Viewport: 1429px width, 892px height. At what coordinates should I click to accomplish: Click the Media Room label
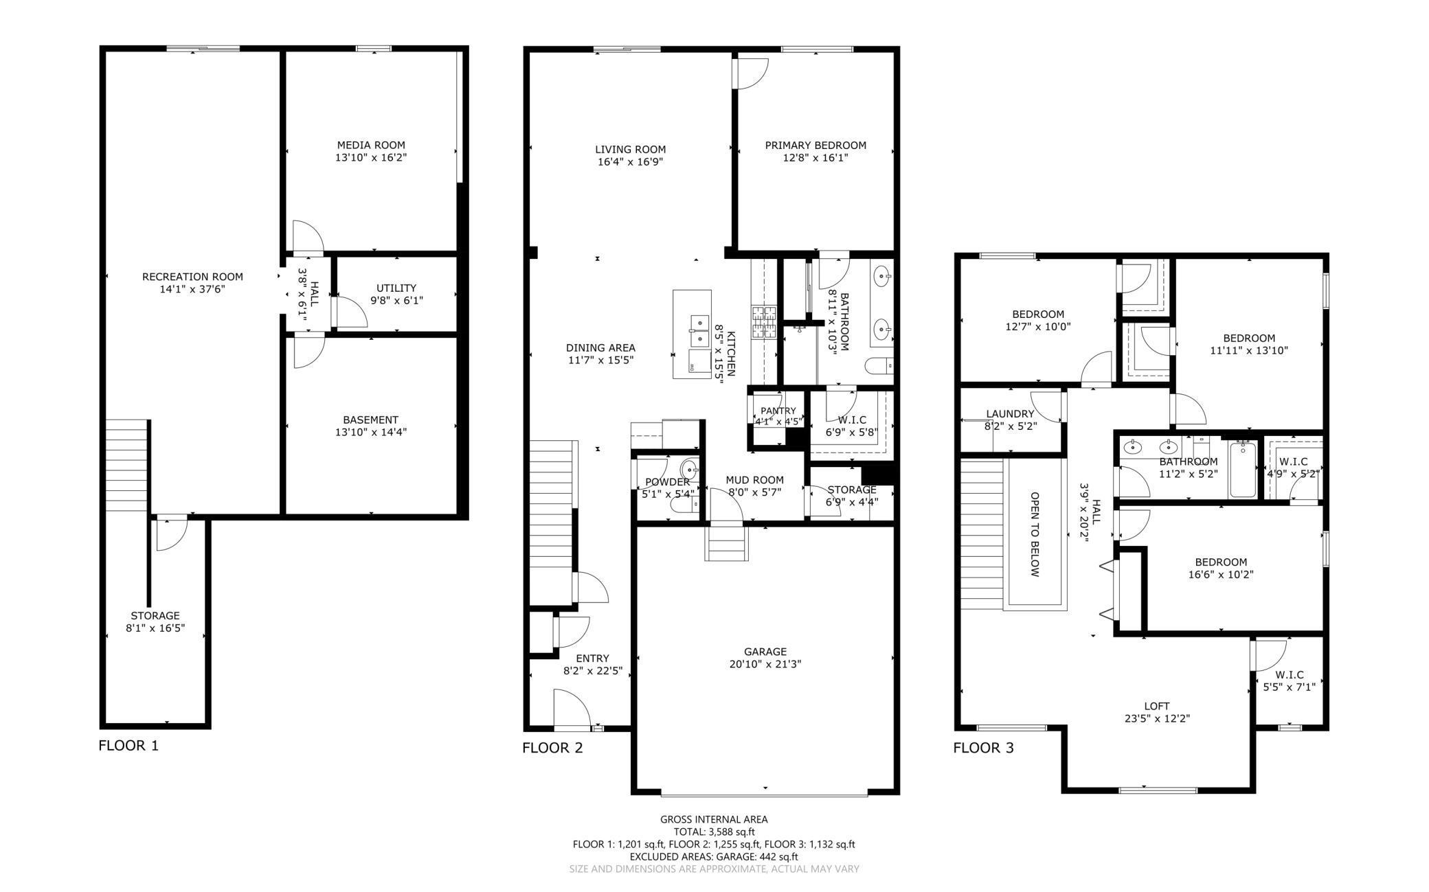pos(370,145)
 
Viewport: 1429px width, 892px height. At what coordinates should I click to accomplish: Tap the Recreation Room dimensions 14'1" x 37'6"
pos(192,289)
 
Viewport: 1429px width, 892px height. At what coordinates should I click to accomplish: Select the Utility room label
pos(396,288)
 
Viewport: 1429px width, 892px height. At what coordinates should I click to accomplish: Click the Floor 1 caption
pos(128,745)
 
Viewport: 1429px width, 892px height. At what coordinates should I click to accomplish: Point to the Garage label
pos(765,652)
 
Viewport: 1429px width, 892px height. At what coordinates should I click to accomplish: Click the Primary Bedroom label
pos(815,145)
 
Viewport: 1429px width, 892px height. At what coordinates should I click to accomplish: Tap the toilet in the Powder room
pos(684,505)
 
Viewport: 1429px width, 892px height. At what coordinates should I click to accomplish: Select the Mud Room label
pos(754,480)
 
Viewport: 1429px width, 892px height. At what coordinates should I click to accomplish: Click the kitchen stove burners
pos(763,323)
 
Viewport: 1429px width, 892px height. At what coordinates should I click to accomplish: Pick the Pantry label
pos(778,411)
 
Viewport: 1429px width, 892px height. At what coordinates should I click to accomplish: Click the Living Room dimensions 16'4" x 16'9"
pos(630,162)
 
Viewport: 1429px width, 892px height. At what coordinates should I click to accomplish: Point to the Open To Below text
pos(1035,534)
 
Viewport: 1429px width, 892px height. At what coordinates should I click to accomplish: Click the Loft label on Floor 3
pos(1157,706)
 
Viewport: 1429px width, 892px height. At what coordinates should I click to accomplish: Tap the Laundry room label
pos(1010,413)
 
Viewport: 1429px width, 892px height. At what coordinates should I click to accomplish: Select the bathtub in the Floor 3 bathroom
pos(1242,469)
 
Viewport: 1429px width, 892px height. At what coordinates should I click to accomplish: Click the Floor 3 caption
pos(983,748)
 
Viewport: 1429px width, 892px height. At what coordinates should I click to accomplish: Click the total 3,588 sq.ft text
pos(714,832)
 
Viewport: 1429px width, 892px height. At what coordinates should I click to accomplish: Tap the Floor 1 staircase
pos(127,465)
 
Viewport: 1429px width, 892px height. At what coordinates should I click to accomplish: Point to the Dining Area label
pos(600,347)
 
